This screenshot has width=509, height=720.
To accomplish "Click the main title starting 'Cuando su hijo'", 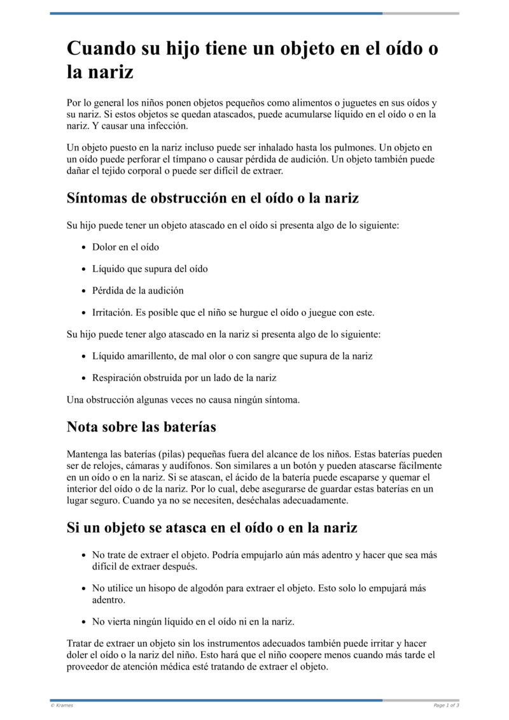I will point(252,59).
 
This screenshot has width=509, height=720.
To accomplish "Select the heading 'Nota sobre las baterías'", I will point(141,427).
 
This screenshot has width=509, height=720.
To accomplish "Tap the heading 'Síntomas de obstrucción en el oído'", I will point(213,198).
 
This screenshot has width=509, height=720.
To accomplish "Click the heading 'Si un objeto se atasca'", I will point(212,528).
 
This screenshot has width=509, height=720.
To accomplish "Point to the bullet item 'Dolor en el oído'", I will point(125,247).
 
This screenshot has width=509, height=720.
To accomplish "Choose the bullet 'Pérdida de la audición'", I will point(137,291).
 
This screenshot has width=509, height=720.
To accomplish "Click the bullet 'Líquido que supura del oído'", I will point(150,269).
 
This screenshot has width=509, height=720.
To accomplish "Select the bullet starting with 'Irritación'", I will point(233,313).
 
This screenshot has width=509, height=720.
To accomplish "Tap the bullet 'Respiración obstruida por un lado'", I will point(184,378).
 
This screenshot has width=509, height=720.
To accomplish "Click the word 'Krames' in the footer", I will point(64,705).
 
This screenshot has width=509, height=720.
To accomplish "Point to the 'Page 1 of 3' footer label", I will point(446,705).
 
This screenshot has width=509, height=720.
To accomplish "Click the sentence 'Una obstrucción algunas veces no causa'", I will point(183,400).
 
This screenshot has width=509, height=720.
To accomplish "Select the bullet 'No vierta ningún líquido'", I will point(193,621).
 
